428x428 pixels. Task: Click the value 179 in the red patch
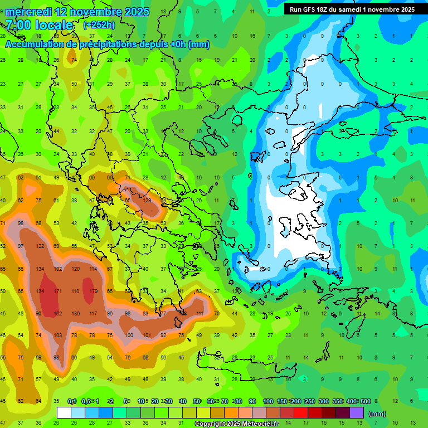click(93, 291)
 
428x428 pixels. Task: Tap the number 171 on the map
click(57, 291)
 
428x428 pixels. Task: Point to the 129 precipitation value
click(147, 201)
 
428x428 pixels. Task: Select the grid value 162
click(57, 314)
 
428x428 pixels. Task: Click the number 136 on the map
click(75, 314)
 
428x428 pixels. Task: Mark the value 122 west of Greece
click(40, 246)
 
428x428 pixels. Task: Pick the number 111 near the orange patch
click(200, 314)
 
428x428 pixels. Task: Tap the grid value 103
click(57, 335)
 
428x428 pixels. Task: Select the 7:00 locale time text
click(39, 25)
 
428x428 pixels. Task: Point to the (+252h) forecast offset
click(100, 25)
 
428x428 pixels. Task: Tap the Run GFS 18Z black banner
click(352, 9)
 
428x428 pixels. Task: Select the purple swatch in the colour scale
click(356, 413)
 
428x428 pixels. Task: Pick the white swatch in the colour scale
click(64, 413)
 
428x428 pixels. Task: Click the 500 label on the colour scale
click(365, 402)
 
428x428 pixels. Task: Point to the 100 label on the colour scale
click(268, 402)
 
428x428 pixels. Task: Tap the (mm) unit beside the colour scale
click(377, 414)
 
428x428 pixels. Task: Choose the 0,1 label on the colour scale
click(71, 402)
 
